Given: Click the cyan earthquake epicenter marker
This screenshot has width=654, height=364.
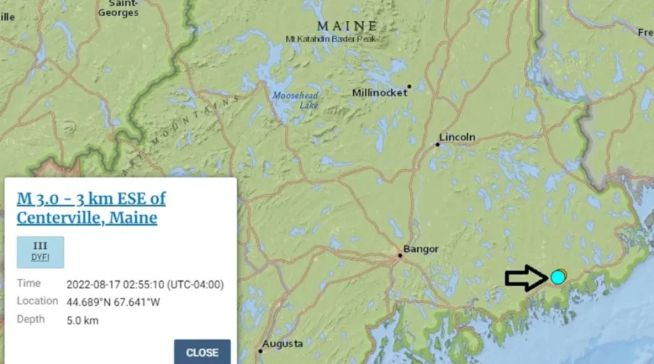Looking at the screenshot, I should pyautogui.click(x=557, y=277).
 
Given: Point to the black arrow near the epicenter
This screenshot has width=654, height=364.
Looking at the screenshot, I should pyautogui.click(x=526, y=277).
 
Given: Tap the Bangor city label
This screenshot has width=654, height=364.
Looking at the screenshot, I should pyautogui.click(x=421, y=249).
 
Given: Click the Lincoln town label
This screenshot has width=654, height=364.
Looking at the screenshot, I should pyautogui.click(x=457, y=137).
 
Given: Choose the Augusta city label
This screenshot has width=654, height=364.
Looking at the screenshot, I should pyautogui.click(x=283, y=343).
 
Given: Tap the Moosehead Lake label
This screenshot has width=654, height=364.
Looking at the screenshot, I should pyautogui.click(x=295, y=100).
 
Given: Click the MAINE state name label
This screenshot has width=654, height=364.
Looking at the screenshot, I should pyautogui.click(x=347, y=26).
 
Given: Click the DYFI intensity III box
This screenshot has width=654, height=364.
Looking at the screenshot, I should pyautogui.click(x=40, y=252).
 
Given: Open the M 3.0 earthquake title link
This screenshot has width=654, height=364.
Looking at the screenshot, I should pyautogui.click(x=91, y=207).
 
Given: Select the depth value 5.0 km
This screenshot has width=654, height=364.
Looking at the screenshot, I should pyautogui.click(x=82, y=320).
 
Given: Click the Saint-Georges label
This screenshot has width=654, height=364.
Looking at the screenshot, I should pyautogui.click(x=118, y=8).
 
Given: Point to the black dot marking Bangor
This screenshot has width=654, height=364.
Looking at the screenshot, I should pyautogui.click(x=400, y=255).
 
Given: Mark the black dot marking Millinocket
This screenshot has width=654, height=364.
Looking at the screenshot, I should pyautogui.click(x=409, y=87).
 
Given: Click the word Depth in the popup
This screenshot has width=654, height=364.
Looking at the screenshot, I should pyautogui.click(x=31, y=319).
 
